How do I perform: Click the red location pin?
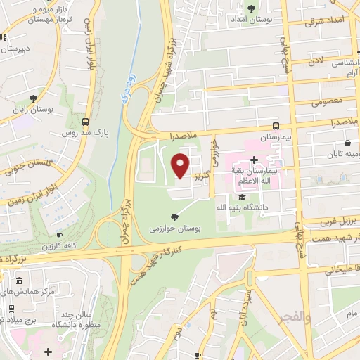click(181, 164)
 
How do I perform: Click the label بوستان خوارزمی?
click(174, 229)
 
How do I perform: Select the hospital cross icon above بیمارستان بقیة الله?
click(253, 160)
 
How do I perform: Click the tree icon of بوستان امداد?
click(252, 9)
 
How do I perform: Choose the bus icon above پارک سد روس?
click(86, 120)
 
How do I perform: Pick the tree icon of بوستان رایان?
click(34, 98)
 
